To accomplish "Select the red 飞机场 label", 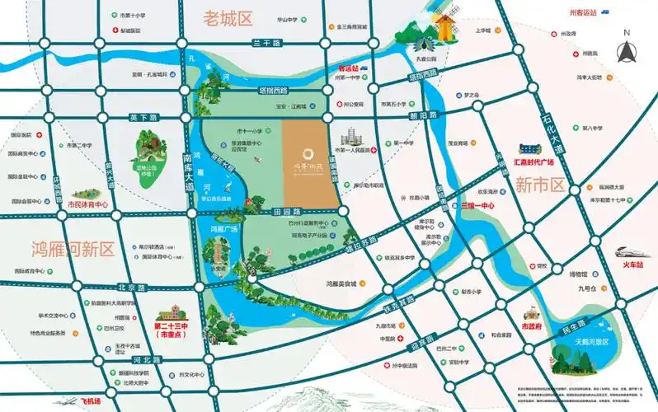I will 85,401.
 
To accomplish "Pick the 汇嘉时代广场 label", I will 540,162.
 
